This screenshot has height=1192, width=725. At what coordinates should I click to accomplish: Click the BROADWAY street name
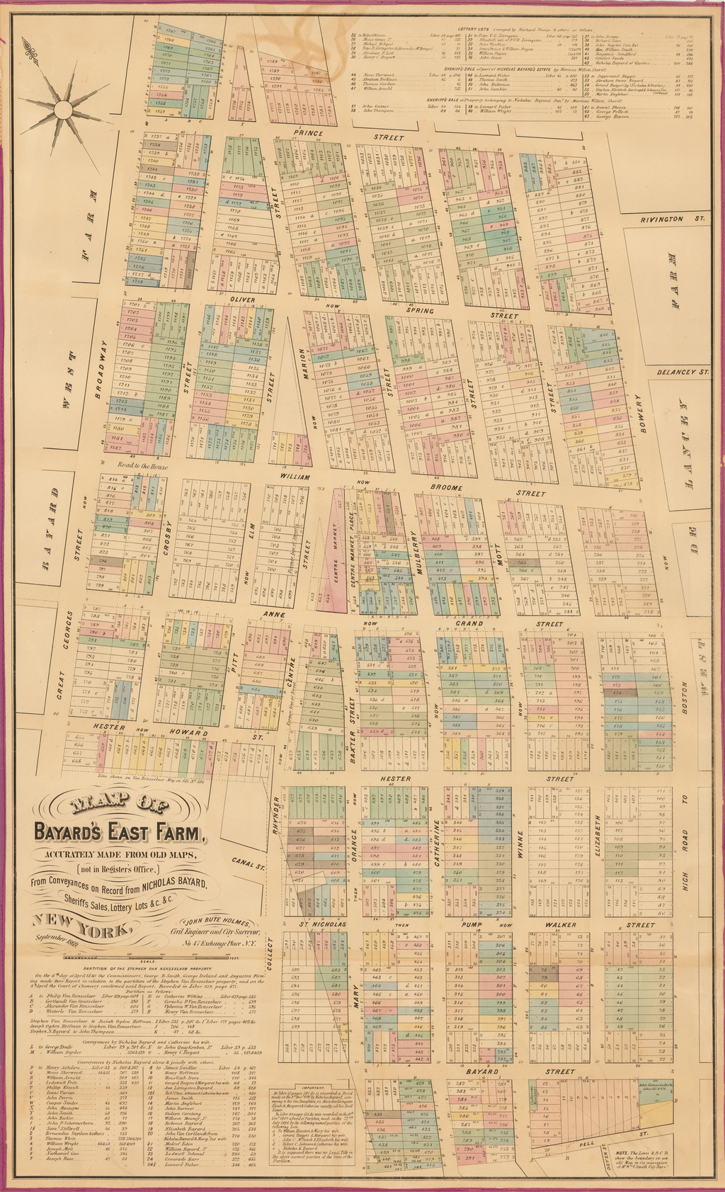pyautogui.click(x=101, y=369)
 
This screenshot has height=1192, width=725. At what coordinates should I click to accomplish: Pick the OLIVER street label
pyautogui.click(x=241, y=300)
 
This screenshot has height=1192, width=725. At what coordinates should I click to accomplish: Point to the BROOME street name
pyautogui.click(x=447, y=488)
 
